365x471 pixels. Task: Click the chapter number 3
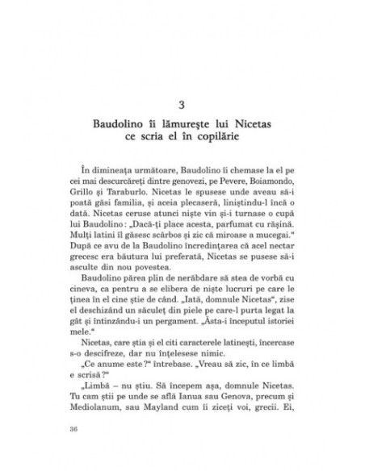pyautogui.click(x=182, y=105)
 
